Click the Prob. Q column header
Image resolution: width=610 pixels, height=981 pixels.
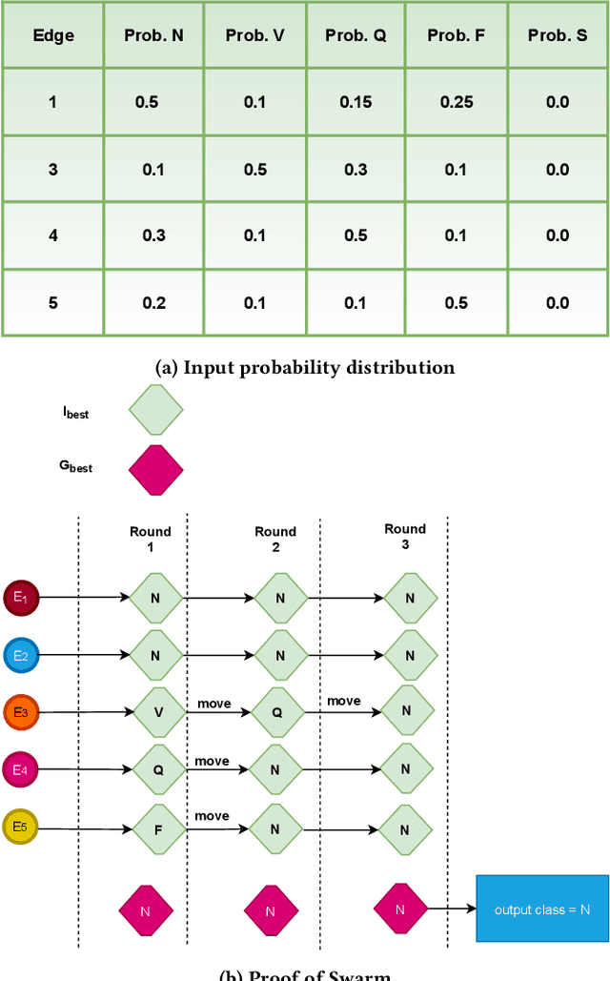(355, 35)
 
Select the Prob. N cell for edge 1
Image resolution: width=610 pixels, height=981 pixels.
(147, 102)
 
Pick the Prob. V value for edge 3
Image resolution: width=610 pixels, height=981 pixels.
(254, 170)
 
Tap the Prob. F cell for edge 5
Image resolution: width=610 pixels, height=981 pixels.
(457, 303)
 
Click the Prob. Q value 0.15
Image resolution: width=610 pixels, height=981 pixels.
(355, 102)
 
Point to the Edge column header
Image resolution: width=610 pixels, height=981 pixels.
(53, 35)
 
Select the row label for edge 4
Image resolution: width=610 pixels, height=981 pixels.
(53, 236)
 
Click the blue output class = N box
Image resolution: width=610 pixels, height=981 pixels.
(542, 909)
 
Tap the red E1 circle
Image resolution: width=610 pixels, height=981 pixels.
(20, 598)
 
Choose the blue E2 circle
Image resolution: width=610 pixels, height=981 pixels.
(20, 655)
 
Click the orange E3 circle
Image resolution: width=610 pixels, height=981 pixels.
(20, 712)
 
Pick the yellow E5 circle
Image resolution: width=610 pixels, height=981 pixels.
(20, 828)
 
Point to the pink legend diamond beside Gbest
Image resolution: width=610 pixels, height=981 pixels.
(155, 469)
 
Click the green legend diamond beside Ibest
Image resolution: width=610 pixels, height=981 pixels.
(155, 410)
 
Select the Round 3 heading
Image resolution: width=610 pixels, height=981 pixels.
(405, 536)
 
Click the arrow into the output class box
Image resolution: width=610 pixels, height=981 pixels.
(451, 909)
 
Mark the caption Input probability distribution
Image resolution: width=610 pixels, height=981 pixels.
(305, 367)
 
